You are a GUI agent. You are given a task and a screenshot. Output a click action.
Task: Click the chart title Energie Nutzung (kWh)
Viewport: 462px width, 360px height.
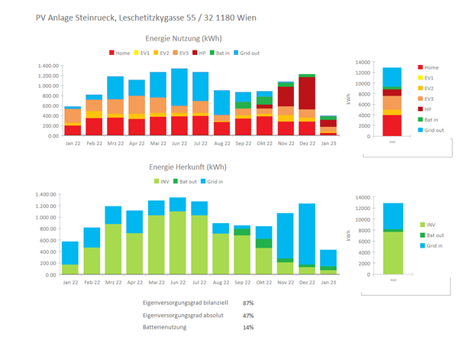(x=189, y=37)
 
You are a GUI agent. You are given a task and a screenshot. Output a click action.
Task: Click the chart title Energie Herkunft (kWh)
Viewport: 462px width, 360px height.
(x=188, y=167)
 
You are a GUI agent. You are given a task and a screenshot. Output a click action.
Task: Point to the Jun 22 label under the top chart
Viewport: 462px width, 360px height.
(x=179, y=143)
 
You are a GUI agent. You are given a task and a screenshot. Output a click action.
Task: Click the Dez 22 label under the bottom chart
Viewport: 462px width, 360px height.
(x=307, y=281)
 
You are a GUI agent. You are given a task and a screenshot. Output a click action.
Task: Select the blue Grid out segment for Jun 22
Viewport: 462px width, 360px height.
(x=179, y=86)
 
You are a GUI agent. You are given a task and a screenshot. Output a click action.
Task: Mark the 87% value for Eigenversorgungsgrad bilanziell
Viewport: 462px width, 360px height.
(x=248, y=303)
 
